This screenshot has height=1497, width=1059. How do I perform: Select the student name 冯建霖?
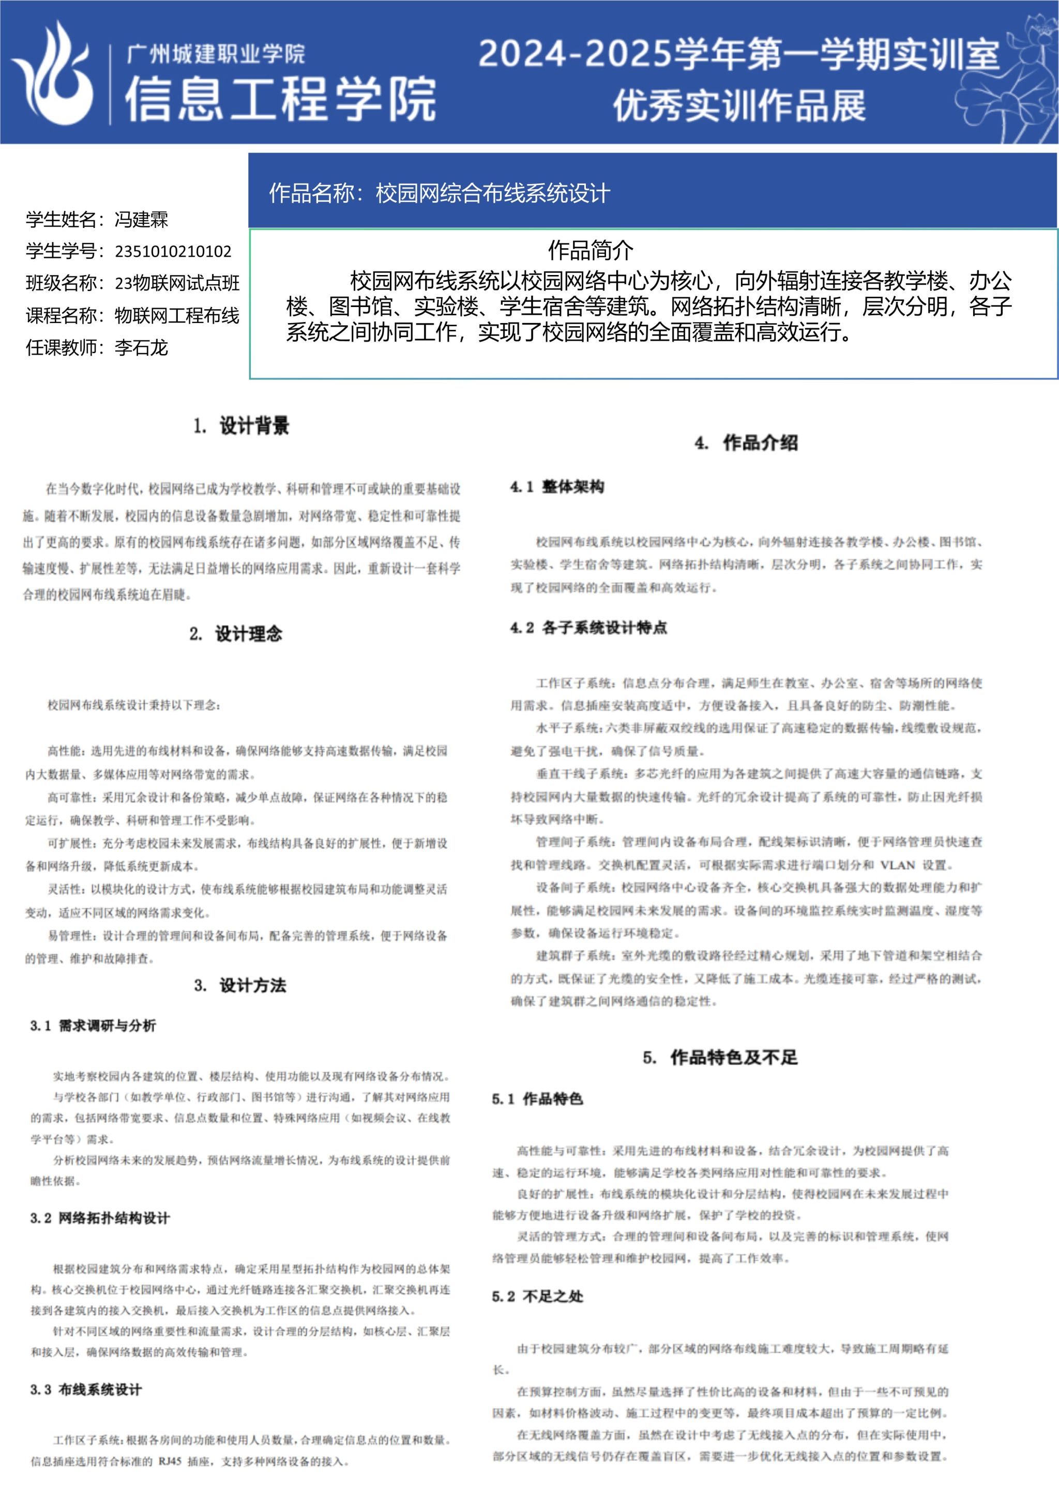click(x=142, y=220)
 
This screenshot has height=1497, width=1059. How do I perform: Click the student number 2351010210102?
click(x=173, y=252)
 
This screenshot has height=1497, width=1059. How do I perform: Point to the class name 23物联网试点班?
click(x=177, y=283)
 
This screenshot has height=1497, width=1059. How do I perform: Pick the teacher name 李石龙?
click(x=142, y=347)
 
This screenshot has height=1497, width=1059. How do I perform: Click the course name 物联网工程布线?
click(x=177, y=315)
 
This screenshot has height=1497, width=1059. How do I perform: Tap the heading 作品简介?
click(x=590, y=250)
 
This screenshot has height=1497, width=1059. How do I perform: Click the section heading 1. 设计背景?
click(x=241, y=426)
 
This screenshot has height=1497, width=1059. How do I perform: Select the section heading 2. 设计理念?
click(x=236, y=634)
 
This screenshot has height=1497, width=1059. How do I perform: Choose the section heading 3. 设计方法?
click(x=240, y=985)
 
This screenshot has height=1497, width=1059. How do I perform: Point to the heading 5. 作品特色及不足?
click(x=720, y=1057)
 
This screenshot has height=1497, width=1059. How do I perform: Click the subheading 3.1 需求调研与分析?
click(x=93, y=1026)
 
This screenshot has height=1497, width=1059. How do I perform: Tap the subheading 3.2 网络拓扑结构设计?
click(x=100, y=1218)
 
